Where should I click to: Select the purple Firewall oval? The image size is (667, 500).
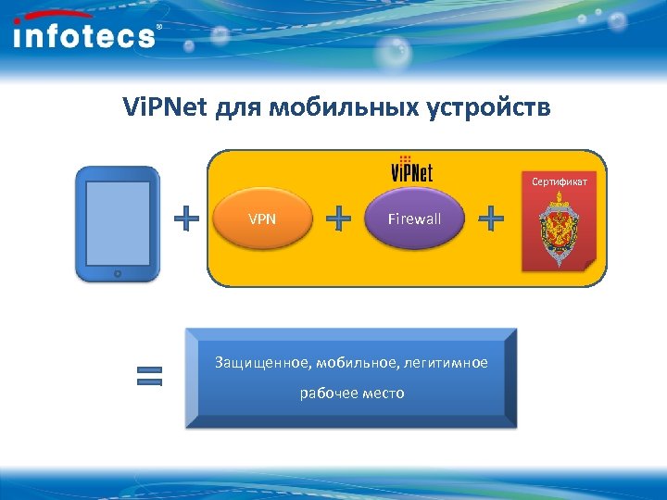point(414,219)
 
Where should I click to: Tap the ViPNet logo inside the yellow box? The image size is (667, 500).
point(411,170)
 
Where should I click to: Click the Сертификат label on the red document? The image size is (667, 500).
point(559,181)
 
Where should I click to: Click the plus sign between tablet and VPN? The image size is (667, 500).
point(187,219)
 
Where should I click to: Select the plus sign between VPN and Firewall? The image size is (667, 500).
point(340,219)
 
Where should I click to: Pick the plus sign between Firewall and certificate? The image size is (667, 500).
point(491,219)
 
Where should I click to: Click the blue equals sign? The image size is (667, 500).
point(149,375)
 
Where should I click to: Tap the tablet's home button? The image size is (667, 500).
point(117,274)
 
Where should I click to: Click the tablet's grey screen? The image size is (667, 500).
point(117,221)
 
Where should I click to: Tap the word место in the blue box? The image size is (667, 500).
point(384,394)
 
